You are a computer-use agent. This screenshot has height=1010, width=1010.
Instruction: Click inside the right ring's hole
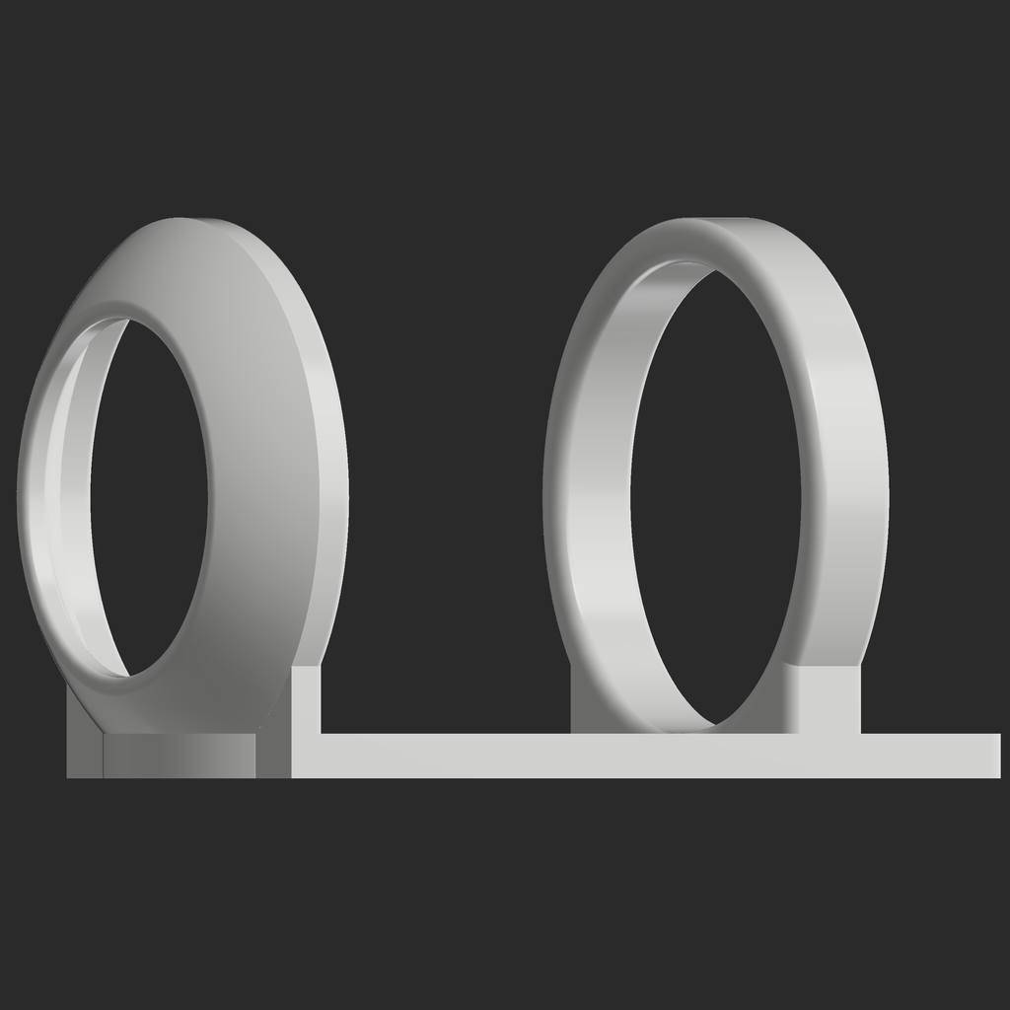point(716,493)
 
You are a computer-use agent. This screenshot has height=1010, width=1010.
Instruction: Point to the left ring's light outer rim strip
point(331,493)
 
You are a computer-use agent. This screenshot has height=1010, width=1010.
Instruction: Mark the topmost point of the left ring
point(187,219)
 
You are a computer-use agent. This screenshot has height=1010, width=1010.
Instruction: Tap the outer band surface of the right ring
point(848,473)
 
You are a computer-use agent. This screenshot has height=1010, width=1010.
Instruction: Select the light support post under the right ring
point(829,700)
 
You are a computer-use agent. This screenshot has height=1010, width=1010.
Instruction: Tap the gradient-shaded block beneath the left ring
point(178,756)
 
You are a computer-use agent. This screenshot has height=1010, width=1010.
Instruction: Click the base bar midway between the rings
point(444,756)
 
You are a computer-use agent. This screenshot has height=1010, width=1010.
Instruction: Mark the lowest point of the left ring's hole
point(128,676)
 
